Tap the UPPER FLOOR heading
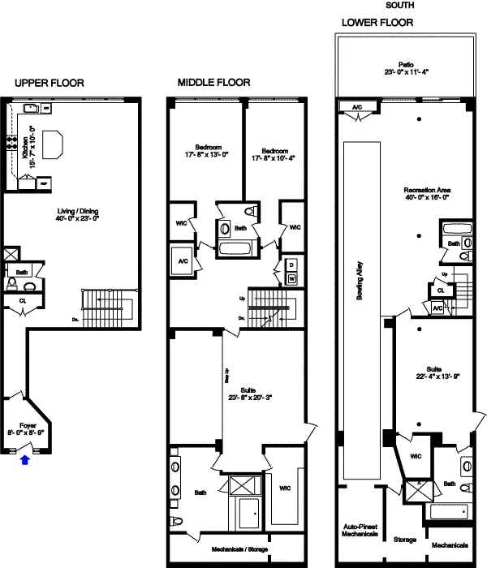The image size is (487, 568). click(x=49, y=83)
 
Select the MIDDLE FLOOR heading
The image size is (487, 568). click(x=213, y=83)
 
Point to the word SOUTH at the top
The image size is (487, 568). click(x=396, y=5)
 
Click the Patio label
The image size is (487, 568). click(x=406, y=63)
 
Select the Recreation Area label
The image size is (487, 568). click(x=427, y=190)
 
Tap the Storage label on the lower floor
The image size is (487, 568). click(x=405, y=540)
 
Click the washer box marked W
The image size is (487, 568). click(x=292, y=278)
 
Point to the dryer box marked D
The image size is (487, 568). click(x=292, y=265)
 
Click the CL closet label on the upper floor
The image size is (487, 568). click(x=24, y=299)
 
